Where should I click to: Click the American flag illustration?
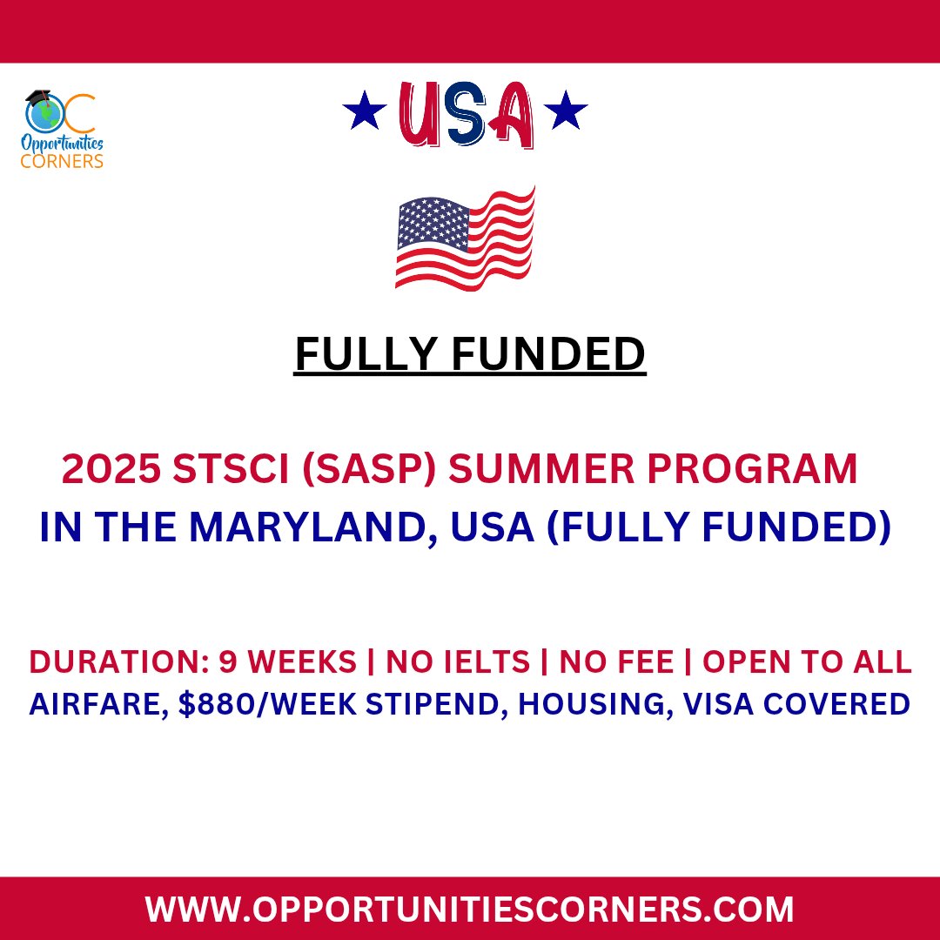(x=465, y=240)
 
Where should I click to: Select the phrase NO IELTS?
(x=458, y=662)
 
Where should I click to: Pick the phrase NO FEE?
(x=616, y=662)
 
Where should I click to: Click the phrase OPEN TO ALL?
(x=807, y=662)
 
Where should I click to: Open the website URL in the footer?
(x=470, y=910)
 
